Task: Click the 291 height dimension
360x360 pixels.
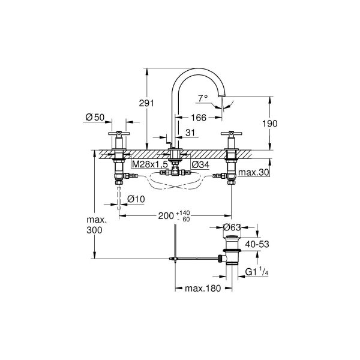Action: (146, 103)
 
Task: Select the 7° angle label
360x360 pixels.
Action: (203, 98)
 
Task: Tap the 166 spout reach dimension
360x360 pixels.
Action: (199, 118)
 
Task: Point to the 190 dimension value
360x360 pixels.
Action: (270, 124)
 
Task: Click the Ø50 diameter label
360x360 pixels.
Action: (95, 118)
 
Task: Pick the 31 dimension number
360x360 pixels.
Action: (190, 133)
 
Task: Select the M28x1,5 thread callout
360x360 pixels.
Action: (150, 164)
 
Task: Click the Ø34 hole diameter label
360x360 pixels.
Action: (200, 164)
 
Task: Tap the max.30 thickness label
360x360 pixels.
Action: (253, 172)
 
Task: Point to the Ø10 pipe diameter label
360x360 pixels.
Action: (136, 199)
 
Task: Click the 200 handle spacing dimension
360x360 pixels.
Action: (166, 216)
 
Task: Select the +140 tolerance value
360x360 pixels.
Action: (183, 213)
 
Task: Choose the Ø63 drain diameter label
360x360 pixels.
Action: (232, 227)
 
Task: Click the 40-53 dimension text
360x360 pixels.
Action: (257, 244)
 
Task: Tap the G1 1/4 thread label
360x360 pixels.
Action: (257, 271)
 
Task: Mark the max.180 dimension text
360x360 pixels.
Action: (203, 289)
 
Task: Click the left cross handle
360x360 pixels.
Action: (119, 133)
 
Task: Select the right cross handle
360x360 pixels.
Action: (232, 133)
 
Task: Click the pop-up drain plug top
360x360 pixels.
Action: (232, 236)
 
